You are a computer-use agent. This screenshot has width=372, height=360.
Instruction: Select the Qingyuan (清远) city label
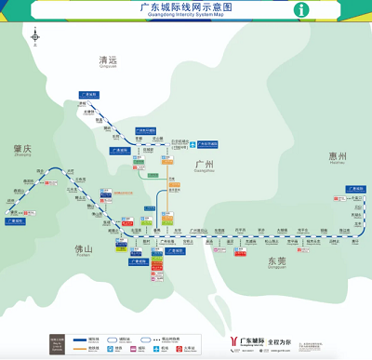[110, 60]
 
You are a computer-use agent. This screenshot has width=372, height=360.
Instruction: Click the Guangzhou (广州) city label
[204, 166]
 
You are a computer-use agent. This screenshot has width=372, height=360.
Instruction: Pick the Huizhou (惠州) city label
[336, 156]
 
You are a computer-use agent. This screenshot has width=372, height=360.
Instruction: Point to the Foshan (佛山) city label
[84, 249]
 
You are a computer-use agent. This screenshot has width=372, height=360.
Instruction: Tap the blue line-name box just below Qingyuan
[88, 94]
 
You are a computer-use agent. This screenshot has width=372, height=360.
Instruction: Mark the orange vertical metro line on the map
[168, 200]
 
